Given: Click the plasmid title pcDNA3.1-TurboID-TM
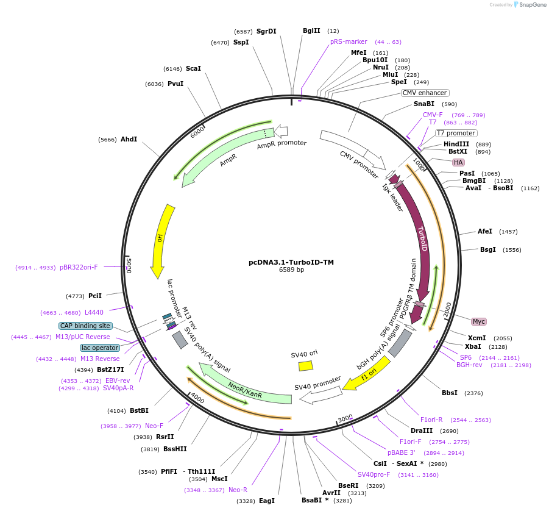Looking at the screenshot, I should (x=291, y=262).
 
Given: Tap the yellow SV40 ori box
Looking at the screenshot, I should (x=305, y=366).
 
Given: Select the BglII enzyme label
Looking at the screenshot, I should (x=311, y=30).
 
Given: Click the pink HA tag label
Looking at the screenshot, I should (x=458, y=162).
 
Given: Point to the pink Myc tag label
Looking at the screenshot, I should (x=479, y=321).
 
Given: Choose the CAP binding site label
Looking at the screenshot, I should (x=85, y=326).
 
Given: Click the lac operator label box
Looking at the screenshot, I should (x=99, y=348).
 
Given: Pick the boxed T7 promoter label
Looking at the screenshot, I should (x=456, y=133).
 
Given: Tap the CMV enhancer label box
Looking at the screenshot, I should (x=425, y=93).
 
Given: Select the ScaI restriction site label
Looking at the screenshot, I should (x=193, y=68).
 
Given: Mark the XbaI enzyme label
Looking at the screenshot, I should (x=473, y=346).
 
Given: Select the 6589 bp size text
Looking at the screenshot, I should (x=291, y=270).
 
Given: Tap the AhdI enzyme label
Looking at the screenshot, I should (x=129, y=139).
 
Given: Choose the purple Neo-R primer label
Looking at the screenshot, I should (x=238, y=490).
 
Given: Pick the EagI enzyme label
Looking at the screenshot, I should (x=267, y=501).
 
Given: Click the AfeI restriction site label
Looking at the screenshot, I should (x=485, y=231).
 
